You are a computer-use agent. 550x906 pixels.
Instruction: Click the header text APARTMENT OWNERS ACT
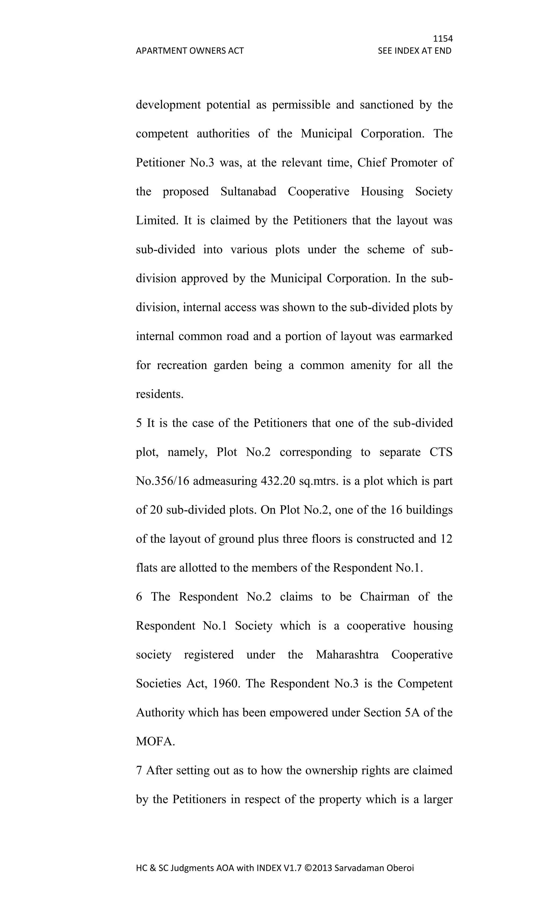click(190, 51)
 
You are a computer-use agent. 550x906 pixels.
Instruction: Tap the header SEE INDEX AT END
click(414, 51)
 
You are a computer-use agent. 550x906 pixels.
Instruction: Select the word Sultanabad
click(248, 192)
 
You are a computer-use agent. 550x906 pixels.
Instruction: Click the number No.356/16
click(162, 481)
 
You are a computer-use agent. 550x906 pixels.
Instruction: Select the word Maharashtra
click(347, 655)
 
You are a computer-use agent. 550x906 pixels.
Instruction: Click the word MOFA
click(154, 742)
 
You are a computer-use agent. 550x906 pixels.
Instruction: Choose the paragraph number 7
click(139, 770)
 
